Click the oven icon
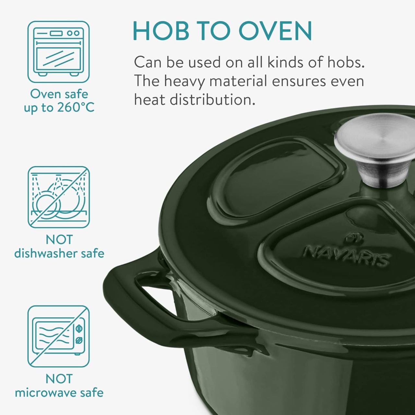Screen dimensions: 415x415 tap(58, 52)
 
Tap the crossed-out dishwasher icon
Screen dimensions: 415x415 tap(58, 197)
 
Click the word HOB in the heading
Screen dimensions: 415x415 tap(161, 30)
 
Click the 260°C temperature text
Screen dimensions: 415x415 tap(76, 107)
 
